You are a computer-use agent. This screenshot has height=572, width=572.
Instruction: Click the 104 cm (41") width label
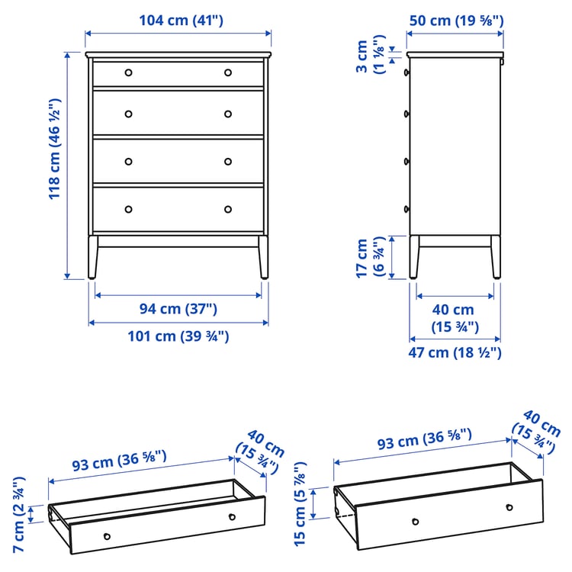click(181, 21)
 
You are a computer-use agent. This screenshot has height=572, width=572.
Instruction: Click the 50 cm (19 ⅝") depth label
click(456, 21)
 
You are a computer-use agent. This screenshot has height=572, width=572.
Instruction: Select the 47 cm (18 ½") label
click(456, 352)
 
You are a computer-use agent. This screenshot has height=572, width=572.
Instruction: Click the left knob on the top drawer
click(128, 72)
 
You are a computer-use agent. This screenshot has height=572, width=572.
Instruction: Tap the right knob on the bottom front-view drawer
click(227, 209)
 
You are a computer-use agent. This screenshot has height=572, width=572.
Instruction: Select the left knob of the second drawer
click(128, 114)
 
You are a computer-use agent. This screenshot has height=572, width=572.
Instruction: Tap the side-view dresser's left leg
click(414, 257)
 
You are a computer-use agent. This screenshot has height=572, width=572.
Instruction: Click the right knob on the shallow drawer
click(232, 517)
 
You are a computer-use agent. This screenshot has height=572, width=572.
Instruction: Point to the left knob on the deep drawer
click(415, 522)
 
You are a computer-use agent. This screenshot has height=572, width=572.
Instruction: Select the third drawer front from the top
click(178, 161)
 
